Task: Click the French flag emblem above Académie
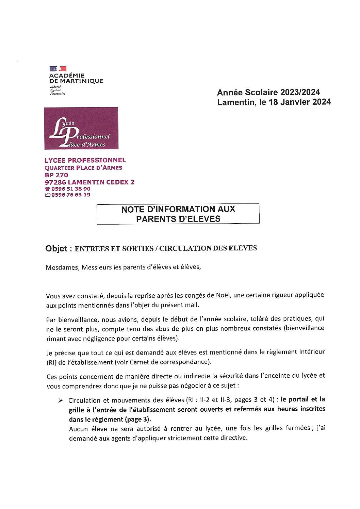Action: pos(58,69)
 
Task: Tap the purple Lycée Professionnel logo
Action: pos(81,128)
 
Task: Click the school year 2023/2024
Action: pos(300,92)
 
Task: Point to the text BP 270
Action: pos(56,175)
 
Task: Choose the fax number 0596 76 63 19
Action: pos(71,195)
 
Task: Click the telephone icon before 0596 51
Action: pos(47,189)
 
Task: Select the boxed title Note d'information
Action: pos(178,214)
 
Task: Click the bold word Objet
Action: pos(56,249)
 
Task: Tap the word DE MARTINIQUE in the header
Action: pos(76,81)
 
